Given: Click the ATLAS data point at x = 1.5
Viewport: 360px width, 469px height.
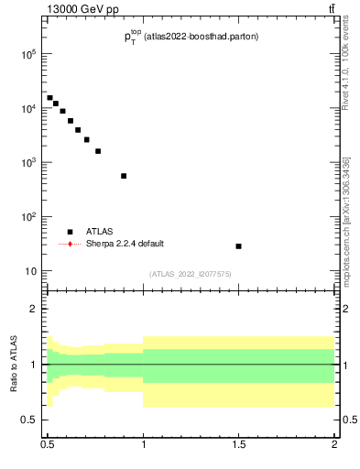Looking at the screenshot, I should pyautogui.click(x=238, y=246).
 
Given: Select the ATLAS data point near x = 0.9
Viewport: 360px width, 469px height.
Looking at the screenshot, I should pyautogui.click(x=124, y=176).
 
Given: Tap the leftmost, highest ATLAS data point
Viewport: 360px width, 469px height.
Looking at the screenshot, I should pyautogui.click(x=50, y=98).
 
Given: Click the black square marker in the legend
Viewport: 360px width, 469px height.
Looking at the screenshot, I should pyautogui.click(x=70, y=232).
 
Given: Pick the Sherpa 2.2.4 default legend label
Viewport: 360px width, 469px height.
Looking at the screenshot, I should pyautogui.click(x=126, y=244).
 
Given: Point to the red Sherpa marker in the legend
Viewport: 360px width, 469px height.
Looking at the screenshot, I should pyautogui.click(x=70, y=244).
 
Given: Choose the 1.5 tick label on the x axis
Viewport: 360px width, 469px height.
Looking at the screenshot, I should pyautogui.click(x=239, y=445).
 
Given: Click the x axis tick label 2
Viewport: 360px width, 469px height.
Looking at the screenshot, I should pyautogui.click(x=334, y=445).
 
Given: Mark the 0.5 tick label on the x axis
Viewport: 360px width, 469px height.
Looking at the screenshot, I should pyautogui.click(x=48, y=445).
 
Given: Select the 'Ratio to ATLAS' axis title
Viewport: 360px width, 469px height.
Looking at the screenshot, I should pyautogui.click(x=14, y=365).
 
